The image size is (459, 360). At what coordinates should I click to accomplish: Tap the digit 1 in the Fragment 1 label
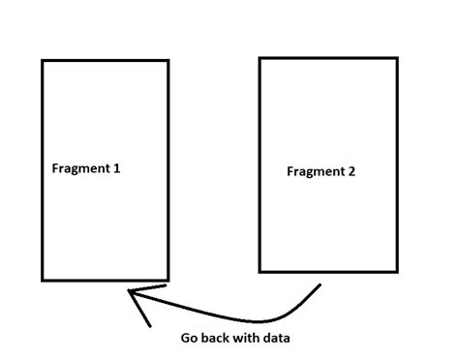pyautogui.click(x=117, y=168)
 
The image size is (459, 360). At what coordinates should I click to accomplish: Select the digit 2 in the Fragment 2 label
pyautogui.click(x=352, y=172)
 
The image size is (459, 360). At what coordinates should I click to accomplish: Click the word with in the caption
pyautogui.click(x=249, y=339)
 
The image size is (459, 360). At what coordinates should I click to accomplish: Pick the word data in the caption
pyautogui.click(x=277, y=339)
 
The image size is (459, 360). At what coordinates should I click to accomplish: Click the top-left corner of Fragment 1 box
pyautogui.click(x=43, y=61)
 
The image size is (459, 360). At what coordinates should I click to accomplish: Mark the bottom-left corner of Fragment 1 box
pyautogui.click(x=43, y=280)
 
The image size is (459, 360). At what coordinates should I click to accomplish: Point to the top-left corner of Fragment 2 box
pyautogui.click(x=260, y=58)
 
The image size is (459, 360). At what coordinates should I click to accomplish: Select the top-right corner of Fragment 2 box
pyautogui.click(x=397, y=58)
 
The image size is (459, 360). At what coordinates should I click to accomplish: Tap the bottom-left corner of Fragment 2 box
pyautogui.click(x=260, y=271)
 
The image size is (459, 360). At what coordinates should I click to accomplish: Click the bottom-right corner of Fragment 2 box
pyautogui.click(x=397, y=271)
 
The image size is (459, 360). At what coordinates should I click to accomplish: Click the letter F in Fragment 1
pyautogui.click(x=55, y=168)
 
